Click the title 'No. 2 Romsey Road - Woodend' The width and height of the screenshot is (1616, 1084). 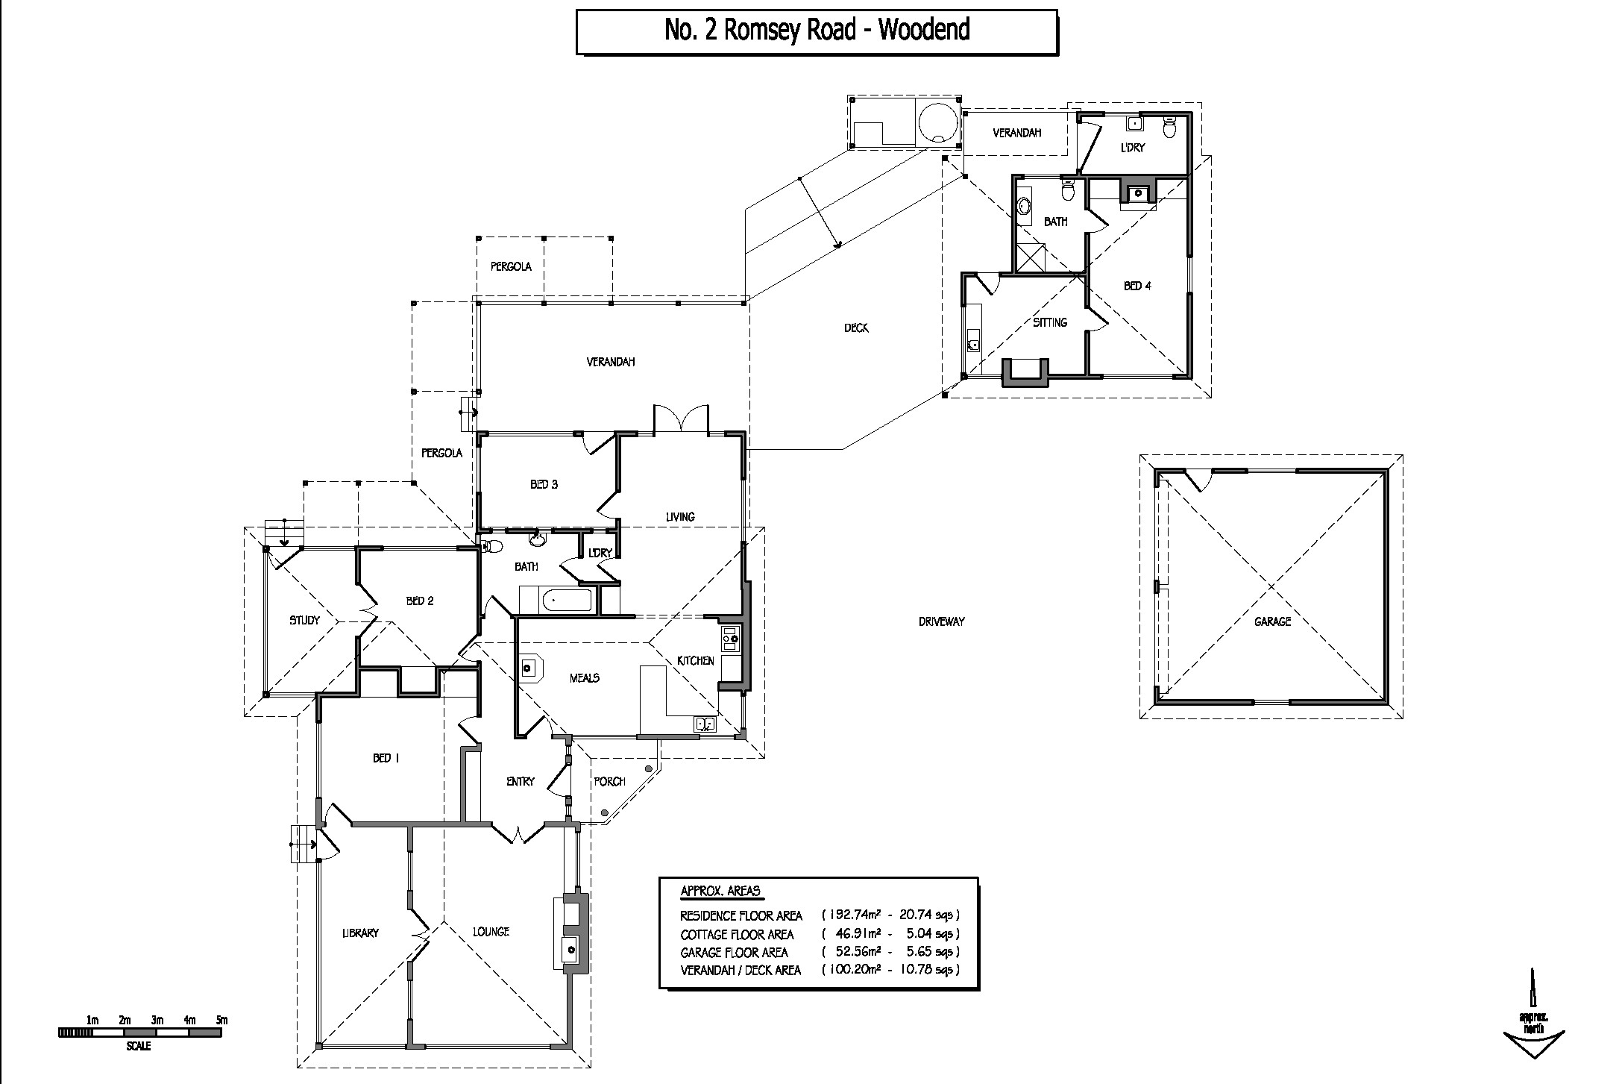[x=817, y=30]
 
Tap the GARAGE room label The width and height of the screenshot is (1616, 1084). [x=1272, y=621]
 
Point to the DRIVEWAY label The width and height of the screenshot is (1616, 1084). [x=942, y=621]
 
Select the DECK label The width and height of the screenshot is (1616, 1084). [x=856, y=328]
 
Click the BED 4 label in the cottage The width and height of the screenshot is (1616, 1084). [x=1137, y=286]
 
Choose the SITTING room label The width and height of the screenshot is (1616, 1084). [x=1050, y=322]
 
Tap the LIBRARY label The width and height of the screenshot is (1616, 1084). [x=361, y=933]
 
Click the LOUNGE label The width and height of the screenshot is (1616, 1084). [x=491, y=931]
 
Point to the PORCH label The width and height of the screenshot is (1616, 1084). [x=609, y=782]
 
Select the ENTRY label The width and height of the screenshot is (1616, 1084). [x=521, y=782]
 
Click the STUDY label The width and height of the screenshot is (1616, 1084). [x=304, y=620]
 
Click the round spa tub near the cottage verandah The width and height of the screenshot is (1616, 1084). [x=937, y=124]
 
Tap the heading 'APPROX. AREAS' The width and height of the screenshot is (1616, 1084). [x=720, y=891]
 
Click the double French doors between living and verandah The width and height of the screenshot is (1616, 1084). [x=681, y=418]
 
